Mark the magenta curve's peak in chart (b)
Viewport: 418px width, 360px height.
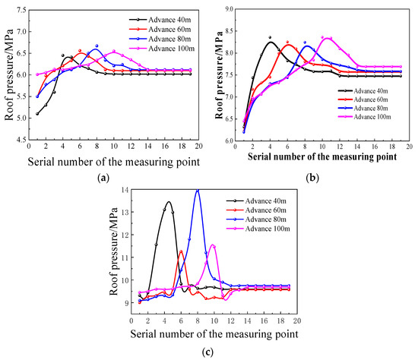(x=325, y=37)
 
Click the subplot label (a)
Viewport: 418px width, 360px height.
(x=103, y=176)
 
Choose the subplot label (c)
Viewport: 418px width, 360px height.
(x=207, y=352)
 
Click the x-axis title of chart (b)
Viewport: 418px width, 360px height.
(x=323, y=157)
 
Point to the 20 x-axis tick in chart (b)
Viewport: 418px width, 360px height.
(x=408, y=147)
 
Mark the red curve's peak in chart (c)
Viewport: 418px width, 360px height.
(x=181, y=251)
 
